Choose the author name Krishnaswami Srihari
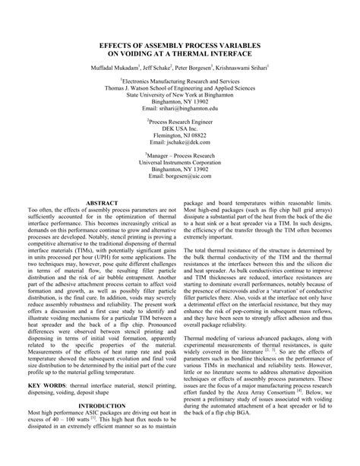(249, 67)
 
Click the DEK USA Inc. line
(180, 127)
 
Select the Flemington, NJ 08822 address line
(180, 135)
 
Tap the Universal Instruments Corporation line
(180, 160)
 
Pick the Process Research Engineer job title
(181, 119)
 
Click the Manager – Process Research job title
(181, 153)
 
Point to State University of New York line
(180, 94)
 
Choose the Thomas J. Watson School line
(180, 87)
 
